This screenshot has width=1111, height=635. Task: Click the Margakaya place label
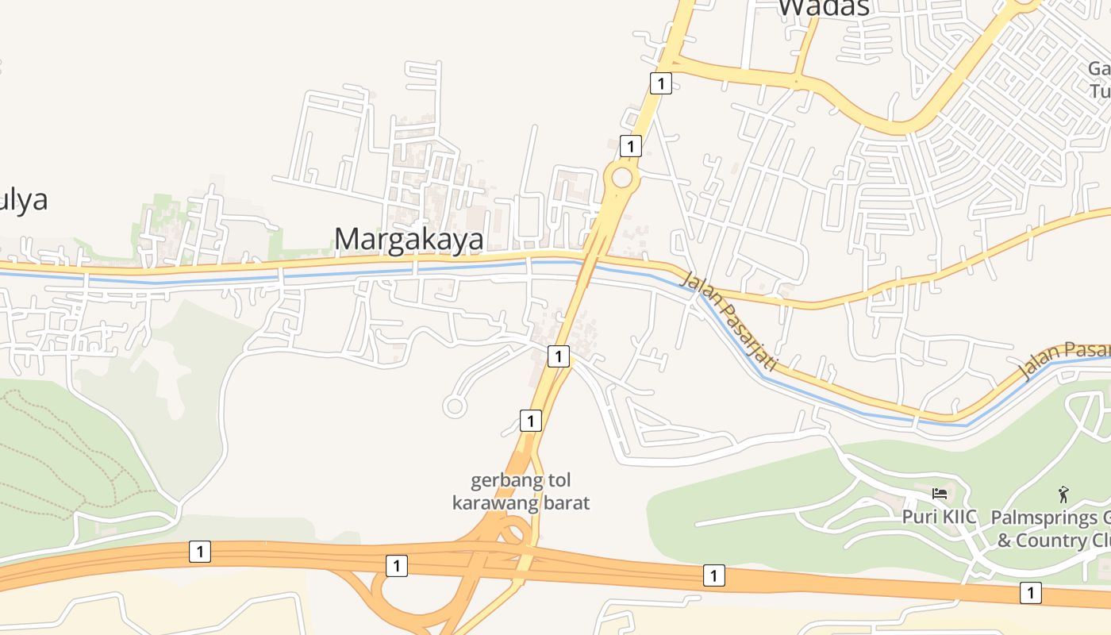(409, 239)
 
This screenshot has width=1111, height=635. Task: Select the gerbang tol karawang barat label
(521, 491)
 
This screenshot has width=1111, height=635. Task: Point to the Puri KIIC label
(939, 516)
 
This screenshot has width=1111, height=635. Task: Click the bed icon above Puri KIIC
(940, 494)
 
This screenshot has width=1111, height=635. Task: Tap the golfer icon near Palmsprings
(1063, 495)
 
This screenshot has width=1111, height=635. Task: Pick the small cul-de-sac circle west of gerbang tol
(454, 406)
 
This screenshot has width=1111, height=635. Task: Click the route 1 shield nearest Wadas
(660, 83)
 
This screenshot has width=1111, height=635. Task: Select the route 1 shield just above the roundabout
(630, 146)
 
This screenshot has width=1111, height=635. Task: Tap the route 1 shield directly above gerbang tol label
(530, 420)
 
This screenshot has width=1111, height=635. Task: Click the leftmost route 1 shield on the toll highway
(200, 551)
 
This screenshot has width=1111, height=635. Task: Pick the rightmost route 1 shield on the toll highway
(1030, 591)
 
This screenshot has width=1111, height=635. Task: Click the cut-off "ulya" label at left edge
(24, 199)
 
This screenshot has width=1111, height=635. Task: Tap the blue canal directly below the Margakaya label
(409, 270)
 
